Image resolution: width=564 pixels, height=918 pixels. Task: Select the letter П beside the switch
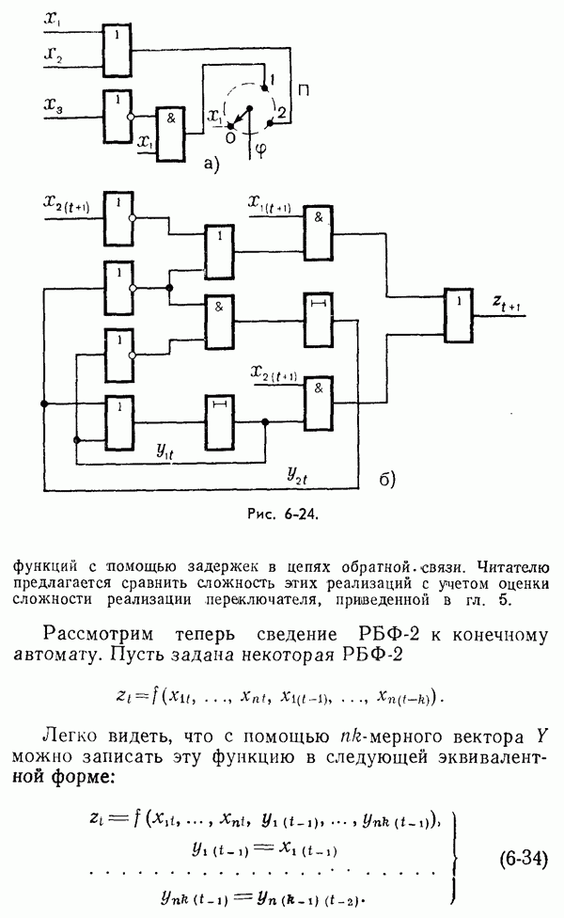(304, 90)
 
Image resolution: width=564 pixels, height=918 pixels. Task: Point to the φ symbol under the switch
(260, 147)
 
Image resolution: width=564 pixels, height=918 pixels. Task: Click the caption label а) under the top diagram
(211, 165)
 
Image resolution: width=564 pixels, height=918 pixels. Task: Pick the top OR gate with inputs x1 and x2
(117, 48)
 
